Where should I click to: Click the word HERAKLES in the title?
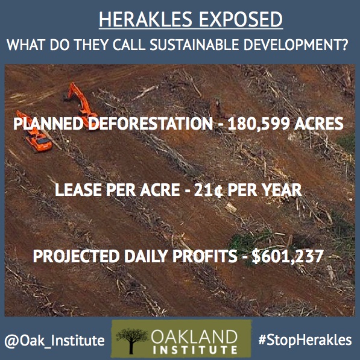145,19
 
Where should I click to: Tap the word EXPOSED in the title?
241,19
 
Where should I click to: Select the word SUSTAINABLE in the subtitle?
194,45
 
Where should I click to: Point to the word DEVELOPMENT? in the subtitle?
296,45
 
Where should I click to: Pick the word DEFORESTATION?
150,124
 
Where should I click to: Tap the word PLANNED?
48,124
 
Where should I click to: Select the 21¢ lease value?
208,190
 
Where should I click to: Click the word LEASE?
78,190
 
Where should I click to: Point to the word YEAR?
282,190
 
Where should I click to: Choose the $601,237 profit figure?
288,256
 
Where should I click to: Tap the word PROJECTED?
76,256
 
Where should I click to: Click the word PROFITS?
205,256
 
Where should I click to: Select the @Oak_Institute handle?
54,341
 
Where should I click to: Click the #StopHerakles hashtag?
305,340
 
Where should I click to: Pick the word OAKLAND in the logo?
194,337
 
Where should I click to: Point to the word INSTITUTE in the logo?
195,350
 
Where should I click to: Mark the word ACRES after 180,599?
319,124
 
